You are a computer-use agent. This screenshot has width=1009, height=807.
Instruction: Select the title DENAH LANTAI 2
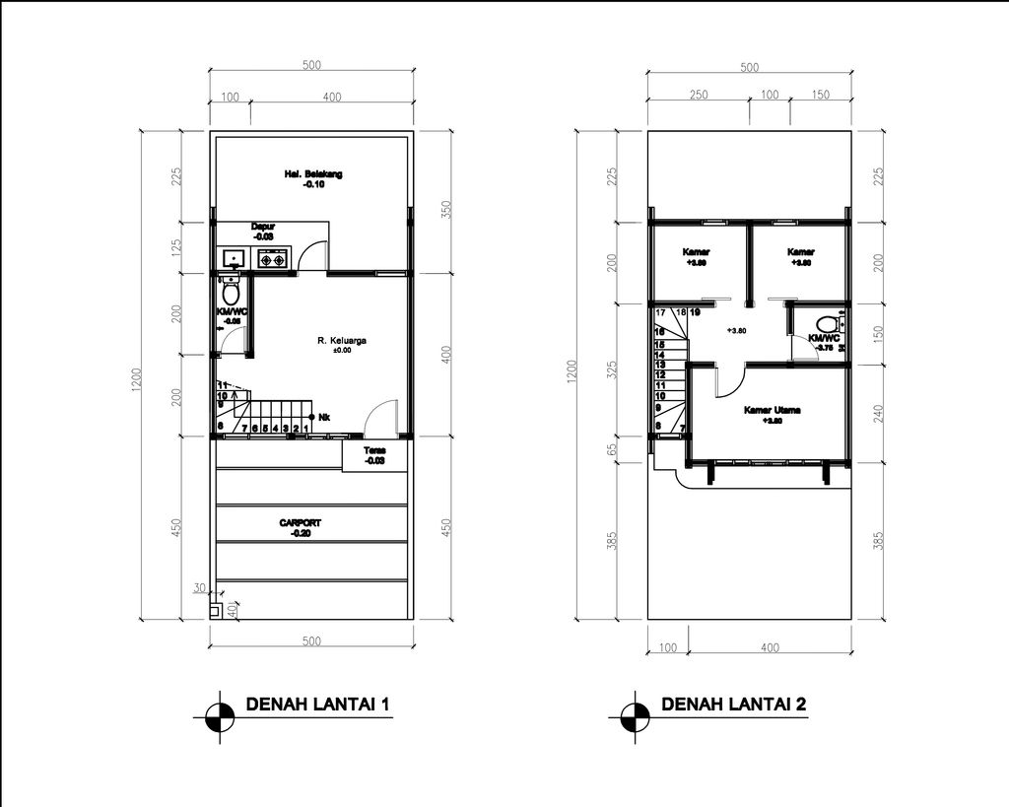tap(734, 705)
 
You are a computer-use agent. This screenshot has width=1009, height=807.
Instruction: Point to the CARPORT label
tap(301, 523)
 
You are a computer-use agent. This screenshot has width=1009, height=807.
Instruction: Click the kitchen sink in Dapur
tap(234, 259)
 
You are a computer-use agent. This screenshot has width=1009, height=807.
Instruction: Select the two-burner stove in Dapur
tap(272, 259)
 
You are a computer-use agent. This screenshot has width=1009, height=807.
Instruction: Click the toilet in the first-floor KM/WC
tap(232, 293)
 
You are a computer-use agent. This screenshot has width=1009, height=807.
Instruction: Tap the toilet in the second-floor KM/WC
tap(826, 322)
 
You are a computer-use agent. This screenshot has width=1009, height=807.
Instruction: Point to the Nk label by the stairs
tap(324, 418)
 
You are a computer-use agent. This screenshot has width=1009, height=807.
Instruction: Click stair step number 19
tap(696, 312)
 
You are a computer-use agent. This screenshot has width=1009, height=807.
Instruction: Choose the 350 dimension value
tap(446, 210)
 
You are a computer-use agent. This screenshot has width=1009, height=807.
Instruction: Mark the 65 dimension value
tap(613, 448)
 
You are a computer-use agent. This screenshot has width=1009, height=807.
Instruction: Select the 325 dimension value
tap(613, 370)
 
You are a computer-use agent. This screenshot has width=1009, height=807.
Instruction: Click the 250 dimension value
tap(698, 96)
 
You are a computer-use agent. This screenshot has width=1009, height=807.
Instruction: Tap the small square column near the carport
tap(215, 611)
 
